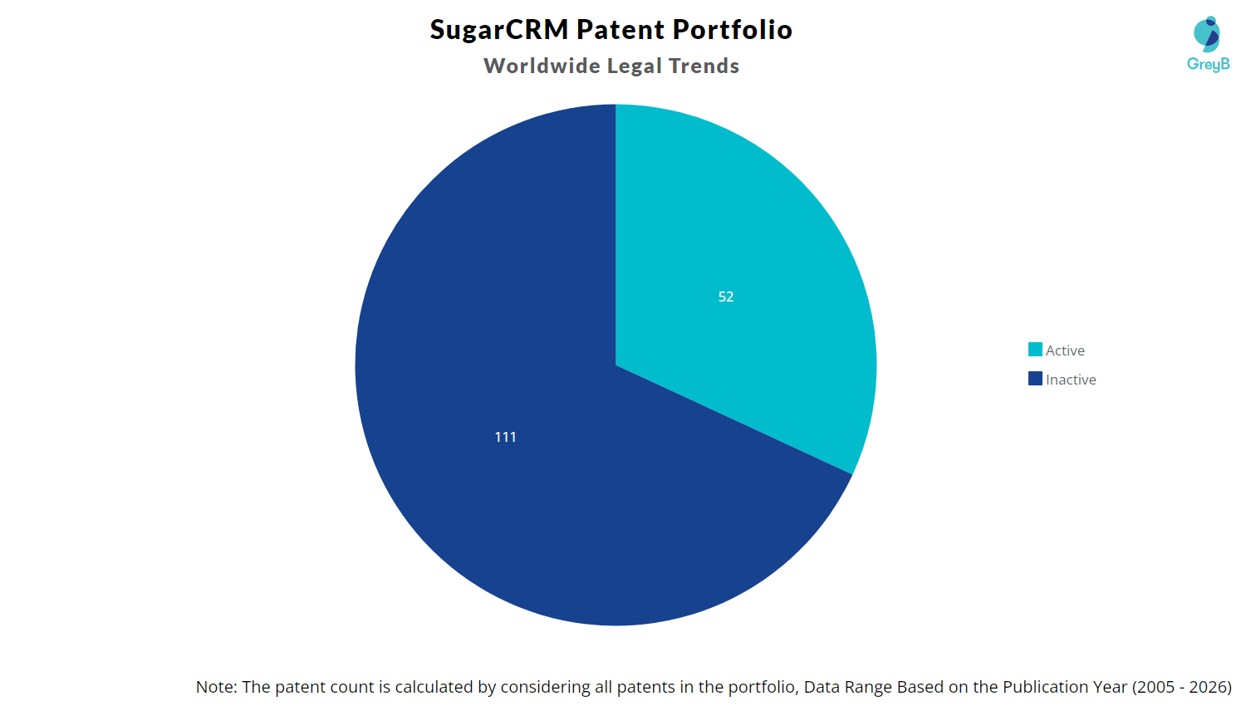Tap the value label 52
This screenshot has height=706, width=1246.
[726, 297]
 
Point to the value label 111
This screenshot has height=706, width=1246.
[505, 437]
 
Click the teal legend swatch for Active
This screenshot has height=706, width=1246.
[1035, 350]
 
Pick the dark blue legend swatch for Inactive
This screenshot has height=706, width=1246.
[1035, 379]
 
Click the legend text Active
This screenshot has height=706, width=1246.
[1065, 351]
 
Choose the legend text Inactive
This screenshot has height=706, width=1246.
[1071, 380]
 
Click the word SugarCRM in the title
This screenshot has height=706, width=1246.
[499, 30]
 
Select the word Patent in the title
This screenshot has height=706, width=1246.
[620, 30]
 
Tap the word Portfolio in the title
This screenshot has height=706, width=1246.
[732, 30]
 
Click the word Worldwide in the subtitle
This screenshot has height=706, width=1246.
[542, 66]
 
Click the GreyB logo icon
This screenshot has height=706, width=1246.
[1207, 34]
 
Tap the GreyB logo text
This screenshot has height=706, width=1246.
[1208, 64]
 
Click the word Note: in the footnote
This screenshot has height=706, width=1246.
[216, 687]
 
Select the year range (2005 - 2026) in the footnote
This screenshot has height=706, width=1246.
[1181, 687]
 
